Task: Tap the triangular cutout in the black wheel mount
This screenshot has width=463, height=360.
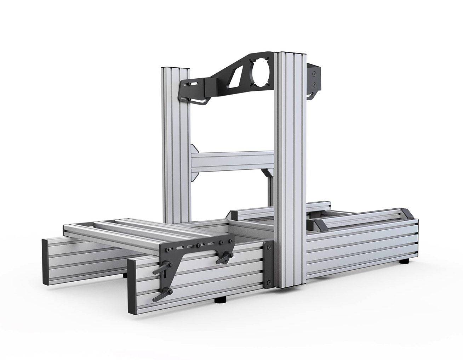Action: (x=235, y=75)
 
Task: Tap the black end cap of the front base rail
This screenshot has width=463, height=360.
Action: (x=133, y=283)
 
